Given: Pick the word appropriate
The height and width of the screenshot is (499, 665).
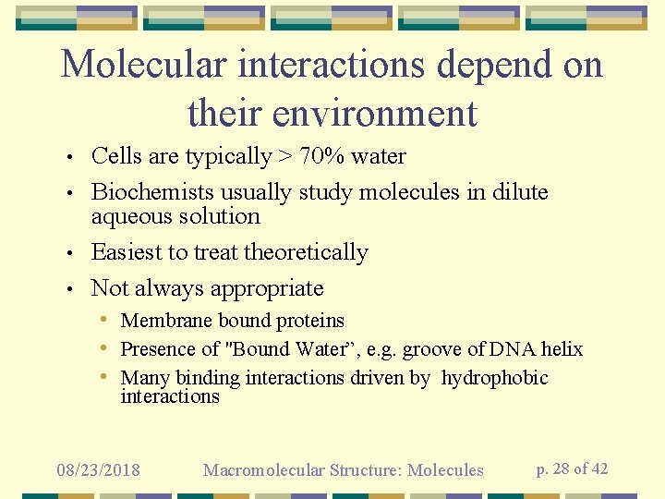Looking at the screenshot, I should [267, 288].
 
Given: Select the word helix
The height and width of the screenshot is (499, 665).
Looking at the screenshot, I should [562, 349].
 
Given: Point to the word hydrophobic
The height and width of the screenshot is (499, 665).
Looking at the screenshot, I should [495, 378].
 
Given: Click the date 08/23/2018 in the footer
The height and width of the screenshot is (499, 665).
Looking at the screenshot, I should [98, 470].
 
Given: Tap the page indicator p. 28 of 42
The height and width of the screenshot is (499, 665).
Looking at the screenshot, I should [573, 469].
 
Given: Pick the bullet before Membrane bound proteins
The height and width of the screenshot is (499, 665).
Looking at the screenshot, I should [109, 321].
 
